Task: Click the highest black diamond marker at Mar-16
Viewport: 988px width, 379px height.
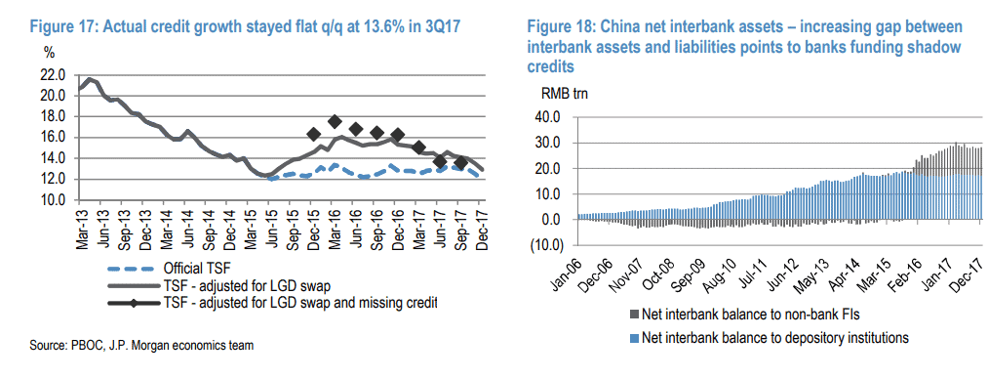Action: coord(335,122)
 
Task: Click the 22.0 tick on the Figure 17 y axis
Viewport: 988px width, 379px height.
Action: coord(52,75)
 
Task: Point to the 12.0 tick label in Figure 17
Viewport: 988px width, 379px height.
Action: coord(52,179)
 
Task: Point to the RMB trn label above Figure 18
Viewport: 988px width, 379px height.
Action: coord(565,95)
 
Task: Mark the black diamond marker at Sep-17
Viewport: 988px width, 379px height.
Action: coord(461,163)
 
